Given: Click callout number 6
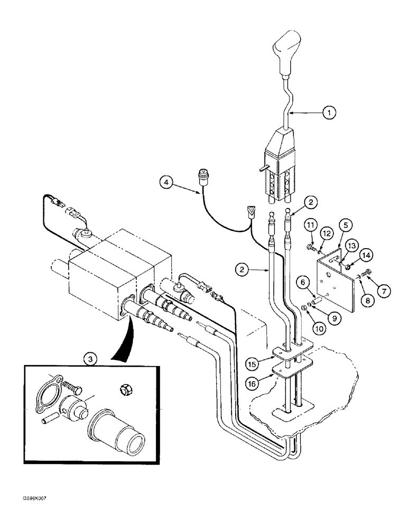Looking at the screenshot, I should pos(304,284).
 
